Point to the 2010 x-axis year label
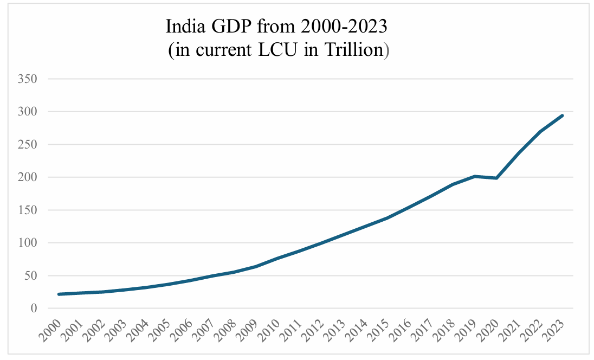click(269, 329)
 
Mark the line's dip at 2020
click(497, 178)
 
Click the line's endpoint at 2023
click(563, 115)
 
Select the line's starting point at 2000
click(59, 294)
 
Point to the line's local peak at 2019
click(475, 176)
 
